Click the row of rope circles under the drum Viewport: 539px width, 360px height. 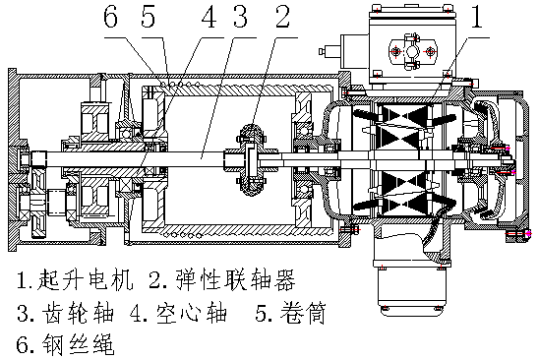click(187, 234)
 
